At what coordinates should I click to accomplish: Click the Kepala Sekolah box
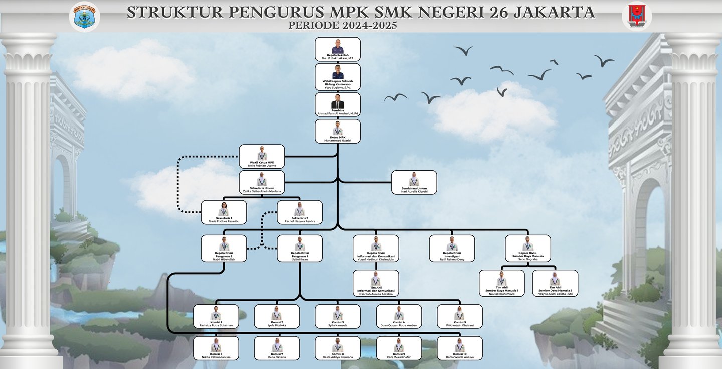tap(337, 49)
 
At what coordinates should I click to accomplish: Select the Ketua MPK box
tap(337, 132)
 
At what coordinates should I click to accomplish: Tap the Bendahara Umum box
tap(414, 182)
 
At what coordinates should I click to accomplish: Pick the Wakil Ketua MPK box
tap(262, 157)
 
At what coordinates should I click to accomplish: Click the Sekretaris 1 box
tap(224, 212)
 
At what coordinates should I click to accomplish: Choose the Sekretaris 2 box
tap(300, 212)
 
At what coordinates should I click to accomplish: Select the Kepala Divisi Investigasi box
tap(452, 249)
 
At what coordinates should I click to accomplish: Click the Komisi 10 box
tap(460, 348)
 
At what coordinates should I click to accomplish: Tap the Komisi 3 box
tap(337, 316)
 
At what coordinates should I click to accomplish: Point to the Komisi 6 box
tap(216, 348)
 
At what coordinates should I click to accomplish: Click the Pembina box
tap(337, 104)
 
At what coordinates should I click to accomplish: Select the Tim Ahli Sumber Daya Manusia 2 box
tap(555, 283)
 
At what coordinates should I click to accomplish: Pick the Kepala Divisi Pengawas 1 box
tap(300, 249)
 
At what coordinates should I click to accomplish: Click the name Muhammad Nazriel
tap(338, 141)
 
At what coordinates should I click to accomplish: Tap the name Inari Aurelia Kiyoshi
tap(414, 191)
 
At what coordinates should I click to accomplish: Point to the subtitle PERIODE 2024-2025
tap(343, 25)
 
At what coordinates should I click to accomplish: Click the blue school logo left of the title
tap(84, 16)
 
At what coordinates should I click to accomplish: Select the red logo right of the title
tap(637, 16)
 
